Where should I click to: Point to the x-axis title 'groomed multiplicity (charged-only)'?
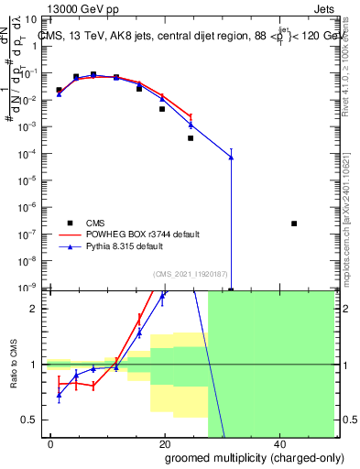pyautogui.click(x=243, y=457)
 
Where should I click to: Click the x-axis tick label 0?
pyautogui.click(x=51, y=443)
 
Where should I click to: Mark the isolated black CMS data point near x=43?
pyautogui.click(x=294, y=224)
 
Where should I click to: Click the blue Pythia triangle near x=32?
pyautogui.click(x=231, y=158)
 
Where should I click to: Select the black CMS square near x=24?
pyautogui.click(x=191, y=138)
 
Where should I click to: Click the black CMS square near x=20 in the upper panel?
pyautogui.click(x=162, y=109)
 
